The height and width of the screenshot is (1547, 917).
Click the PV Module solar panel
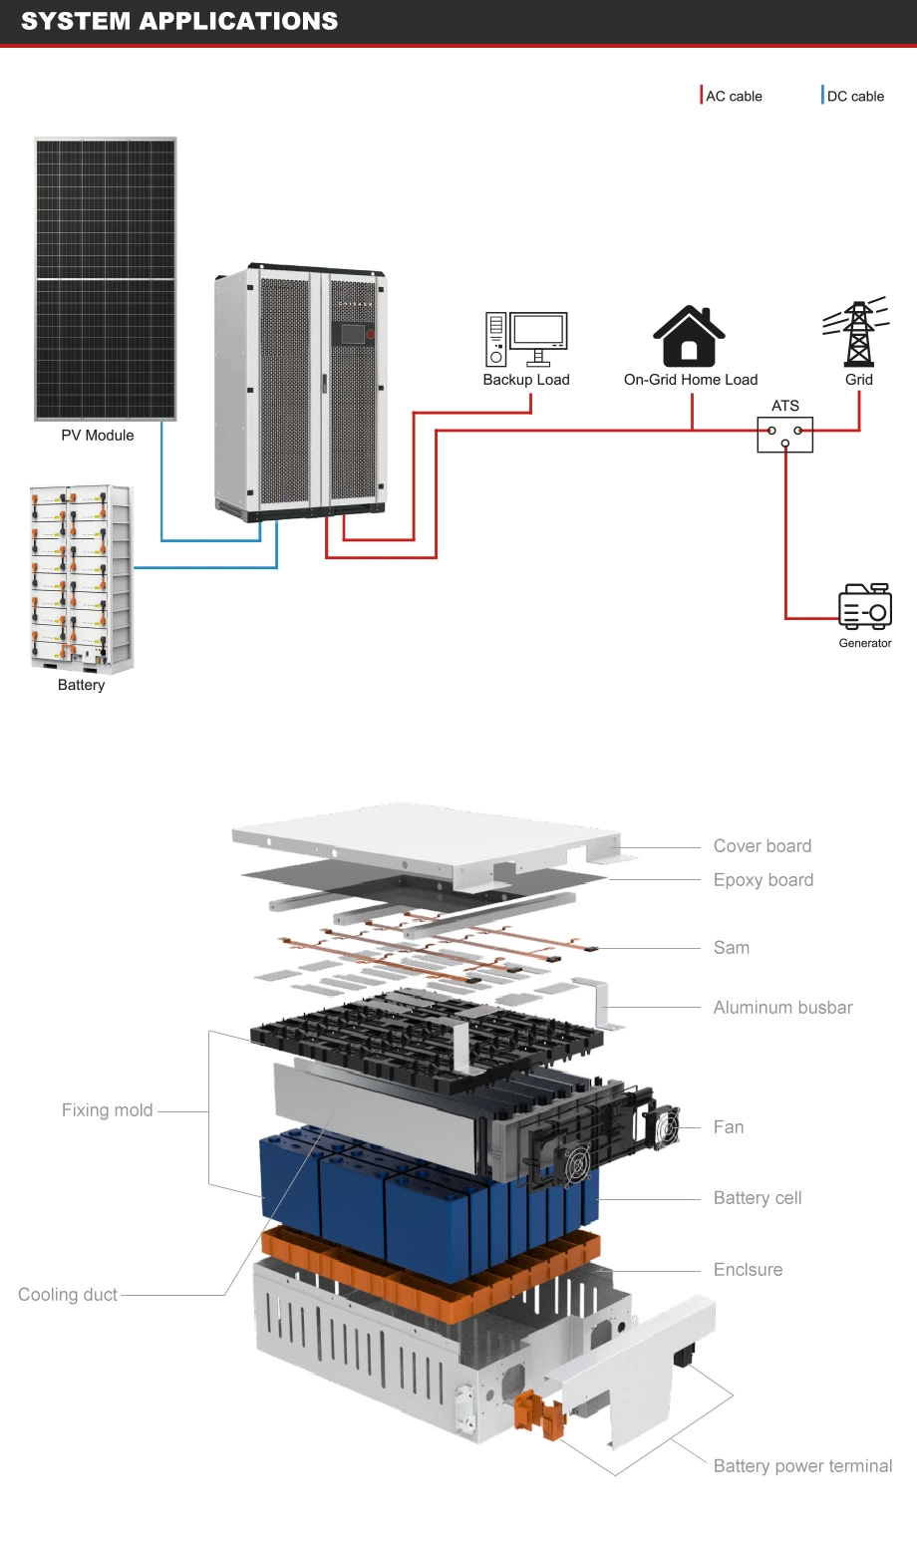coord(106,279)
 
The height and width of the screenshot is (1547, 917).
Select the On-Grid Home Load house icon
coord(689,337)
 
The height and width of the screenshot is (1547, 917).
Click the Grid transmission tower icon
coord(857,333)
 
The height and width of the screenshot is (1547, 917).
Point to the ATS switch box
coord(784,435)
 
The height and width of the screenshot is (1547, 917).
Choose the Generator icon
coord(864,606)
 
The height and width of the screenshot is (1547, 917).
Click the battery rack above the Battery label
coord(81,578)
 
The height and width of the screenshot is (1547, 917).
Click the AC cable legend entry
coord(733,96)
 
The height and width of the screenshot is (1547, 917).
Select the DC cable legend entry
coord(854,96)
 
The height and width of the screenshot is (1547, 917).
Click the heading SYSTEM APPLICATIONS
coord(179,21)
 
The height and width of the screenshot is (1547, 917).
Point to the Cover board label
coord(763,846)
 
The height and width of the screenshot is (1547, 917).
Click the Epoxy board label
coord(764,880)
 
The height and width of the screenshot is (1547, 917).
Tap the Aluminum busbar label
coord(783,1008)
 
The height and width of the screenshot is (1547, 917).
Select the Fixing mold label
coord(107,1110)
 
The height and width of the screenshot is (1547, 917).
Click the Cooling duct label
coord(68,1295)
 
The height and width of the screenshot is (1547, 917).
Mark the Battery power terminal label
coord(802,1466)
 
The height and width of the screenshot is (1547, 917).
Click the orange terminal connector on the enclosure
coord(539,1415)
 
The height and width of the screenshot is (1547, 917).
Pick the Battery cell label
coord(758,1198)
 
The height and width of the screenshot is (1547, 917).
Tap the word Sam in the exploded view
coord(732,948)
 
